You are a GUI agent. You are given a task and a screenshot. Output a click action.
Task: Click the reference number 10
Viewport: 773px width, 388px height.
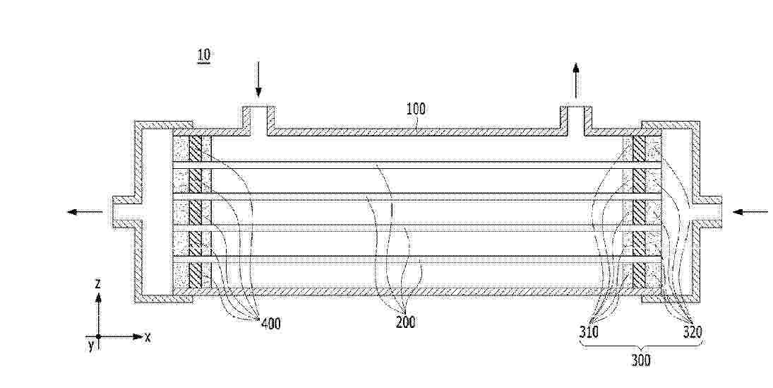(203, 55)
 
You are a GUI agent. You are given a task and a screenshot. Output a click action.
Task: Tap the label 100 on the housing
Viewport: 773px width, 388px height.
(416, 109)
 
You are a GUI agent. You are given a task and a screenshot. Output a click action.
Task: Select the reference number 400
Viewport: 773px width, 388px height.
(270, 324)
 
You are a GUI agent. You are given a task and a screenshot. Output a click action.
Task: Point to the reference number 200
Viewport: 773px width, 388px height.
(405, 322)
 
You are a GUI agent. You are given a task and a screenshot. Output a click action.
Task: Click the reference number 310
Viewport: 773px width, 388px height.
(589, 332)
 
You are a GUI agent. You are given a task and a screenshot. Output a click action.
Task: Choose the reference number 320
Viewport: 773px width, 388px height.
(692, 332)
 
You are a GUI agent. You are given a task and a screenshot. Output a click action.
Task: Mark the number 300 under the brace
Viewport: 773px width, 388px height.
(640, 361)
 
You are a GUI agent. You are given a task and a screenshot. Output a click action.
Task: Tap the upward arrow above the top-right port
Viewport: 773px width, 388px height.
(575, 81)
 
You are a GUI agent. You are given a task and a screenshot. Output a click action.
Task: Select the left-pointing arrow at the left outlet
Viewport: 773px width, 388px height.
(85, 212)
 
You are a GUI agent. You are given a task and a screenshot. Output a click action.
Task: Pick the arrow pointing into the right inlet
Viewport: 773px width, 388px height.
(750, 212)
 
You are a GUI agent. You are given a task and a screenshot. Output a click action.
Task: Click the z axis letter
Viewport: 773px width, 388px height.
(98, 284)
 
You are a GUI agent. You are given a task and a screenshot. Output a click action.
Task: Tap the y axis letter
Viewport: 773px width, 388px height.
(91, 345)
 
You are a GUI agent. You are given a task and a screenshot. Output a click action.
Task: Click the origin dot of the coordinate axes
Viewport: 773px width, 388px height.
(99, 336)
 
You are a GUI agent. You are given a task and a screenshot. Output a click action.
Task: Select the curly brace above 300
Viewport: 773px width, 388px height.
(640, 346)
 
